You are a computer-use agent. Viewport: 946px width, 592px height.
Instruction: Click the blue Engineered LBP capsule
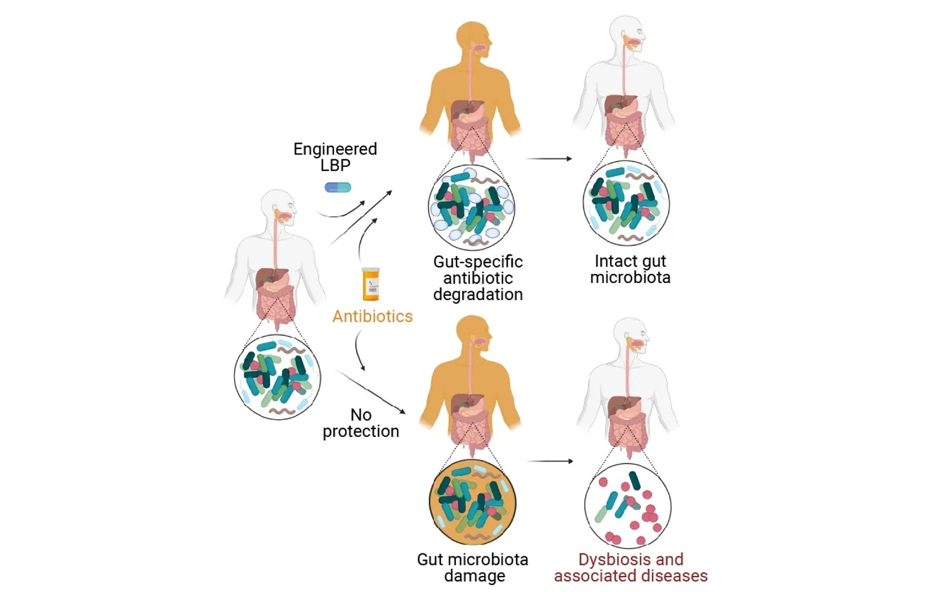point(338,188)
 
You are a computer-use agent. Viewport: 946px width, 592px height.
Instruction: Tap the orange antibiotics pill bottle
point(371,284)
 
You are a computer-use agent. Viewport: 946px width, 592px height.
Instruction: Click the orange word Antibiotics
point(372,316)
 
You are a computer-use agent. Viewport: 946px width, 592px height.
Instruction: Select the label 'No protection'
point(361,423)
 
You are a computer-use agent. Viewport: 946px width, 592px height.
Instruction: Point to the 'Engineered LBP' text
point(335,157)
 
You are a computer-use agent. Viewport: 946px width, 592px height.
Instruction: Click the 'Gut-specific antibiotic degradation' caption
point(478,278)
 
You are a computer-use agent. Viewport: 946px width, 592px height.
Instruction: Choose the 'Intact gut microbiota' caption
point(630,269)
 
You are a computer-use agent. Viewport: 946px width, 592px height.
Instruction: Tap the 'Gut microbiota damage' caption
point(473,567)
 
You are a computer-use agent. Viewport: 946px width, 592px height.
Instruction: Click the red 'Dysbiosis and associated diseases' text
point(631,567)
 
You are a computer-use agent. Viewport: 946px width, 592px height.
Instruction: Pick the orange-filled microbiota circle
point(472,502)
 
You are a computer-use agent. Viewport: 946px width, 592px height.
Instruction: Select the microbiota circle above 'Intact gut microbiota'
point(626,203)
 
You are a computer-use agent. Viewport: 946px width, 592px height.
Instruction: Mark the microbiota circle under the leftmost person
point(277,377)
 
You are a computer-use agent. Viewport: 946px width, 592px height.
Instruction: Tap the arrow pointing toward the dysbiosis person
point(550,461)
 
